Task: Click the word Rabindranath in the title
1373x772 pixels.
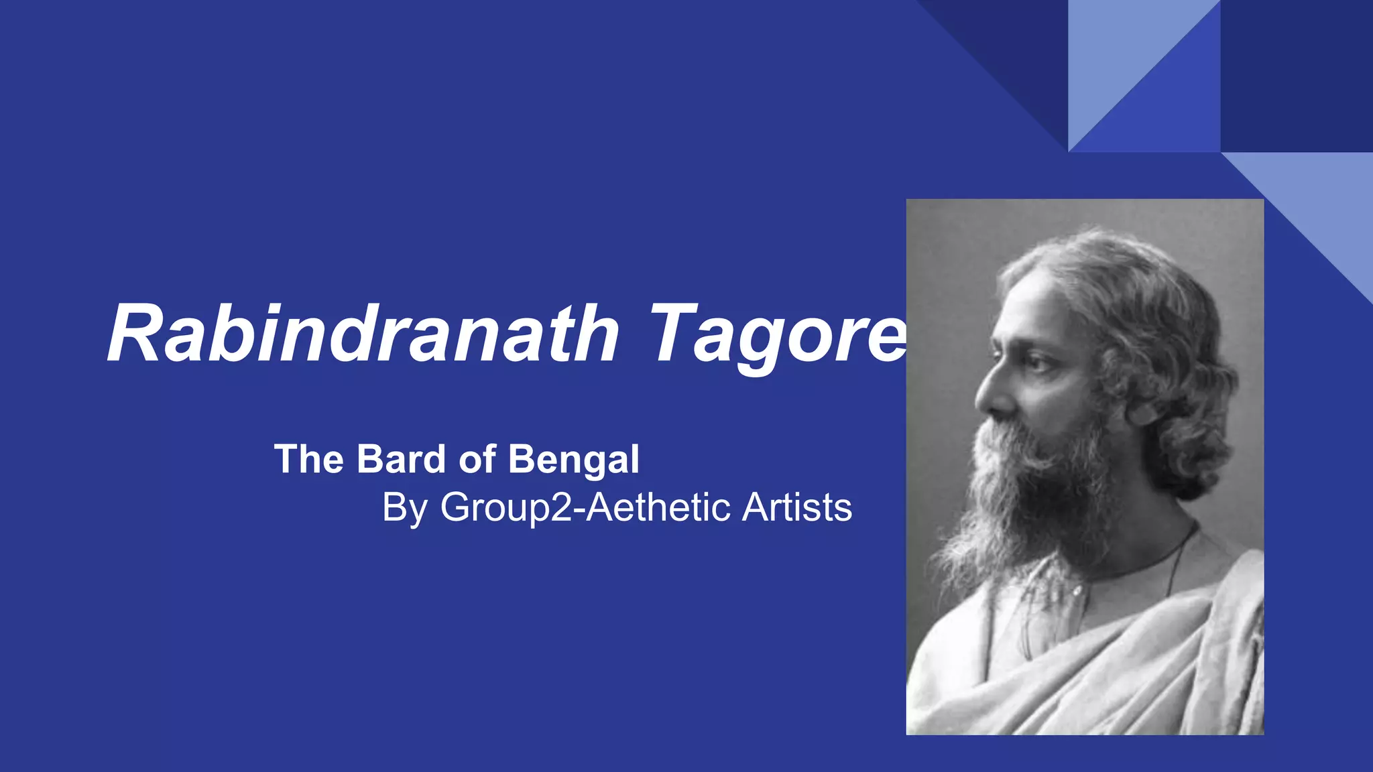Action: coord(362,334)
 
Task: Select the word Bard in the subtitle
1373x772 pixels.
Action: coord(402,460)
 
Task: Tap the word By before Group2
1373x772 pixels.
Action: coord(405,508)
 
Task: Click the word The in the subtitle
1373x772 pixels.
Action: coord(309,460)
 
